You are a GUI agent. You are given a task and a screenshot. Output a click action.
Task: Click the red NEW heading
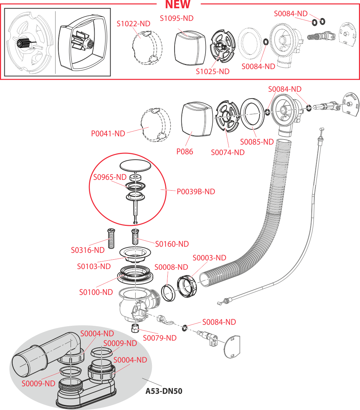coord(177,5)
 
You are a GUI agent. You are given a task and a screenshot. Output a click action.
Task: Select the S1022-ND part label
coord(133,24)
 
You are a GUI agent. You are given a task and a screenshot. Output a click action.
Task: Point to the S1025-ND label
coord(212,71)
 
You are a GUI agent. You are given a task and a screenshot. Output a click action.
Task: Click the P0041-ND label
coord(108,133)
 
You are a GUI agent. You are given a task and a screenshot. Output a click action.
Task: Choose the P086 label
coord(184,151)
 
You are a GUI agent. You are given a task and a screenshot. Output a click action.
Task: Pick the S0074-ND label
coord(228,152)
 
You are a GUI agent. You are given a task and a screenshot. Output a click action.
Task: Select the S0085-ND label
coord(257,142)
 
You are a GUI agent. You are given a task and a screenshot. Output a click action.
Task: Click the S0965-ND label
coord(110,177)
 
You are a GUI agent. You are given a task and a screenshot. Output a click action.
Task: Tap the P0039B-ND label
coord(195,192)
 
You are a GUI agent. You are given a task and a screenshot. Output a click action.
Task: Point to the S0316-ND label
coord(87,250)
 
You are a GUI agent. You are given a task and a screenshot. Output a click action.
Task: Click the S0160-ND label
coord(172,244)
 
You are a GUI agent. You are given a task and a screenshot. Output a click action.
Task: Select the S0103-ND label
coord(94,266)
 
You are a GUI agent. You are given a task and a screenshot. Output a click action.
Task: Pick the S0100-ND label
coord(96,292)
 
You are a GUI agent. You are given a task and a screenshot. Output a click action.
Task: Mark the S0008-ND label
coord(171,267)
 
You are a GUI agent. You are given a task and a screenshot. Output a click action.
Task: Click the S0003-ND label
coord(209,258)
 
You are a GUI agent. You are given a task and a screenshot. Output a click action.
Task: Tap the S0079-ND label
coord(159,338)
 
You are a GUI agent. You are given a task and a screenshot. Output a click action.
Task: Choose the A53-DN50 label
coord(164,391)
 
